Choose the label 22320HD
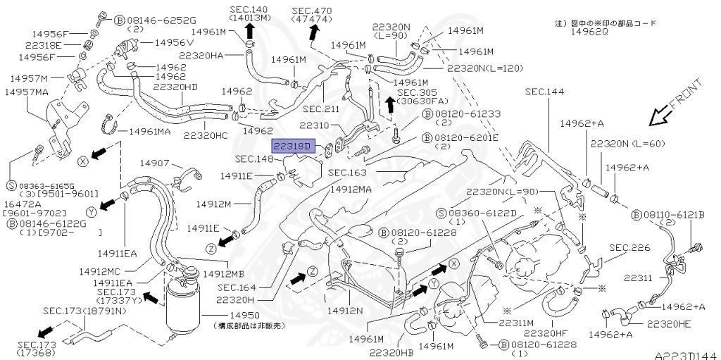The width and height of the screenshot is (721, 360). click(x=175, y=87)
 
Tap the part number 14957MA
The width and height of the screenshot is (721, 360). click(x=27, y=92)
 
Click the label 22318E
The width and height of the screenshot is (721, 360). click(x=41, y=45)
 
